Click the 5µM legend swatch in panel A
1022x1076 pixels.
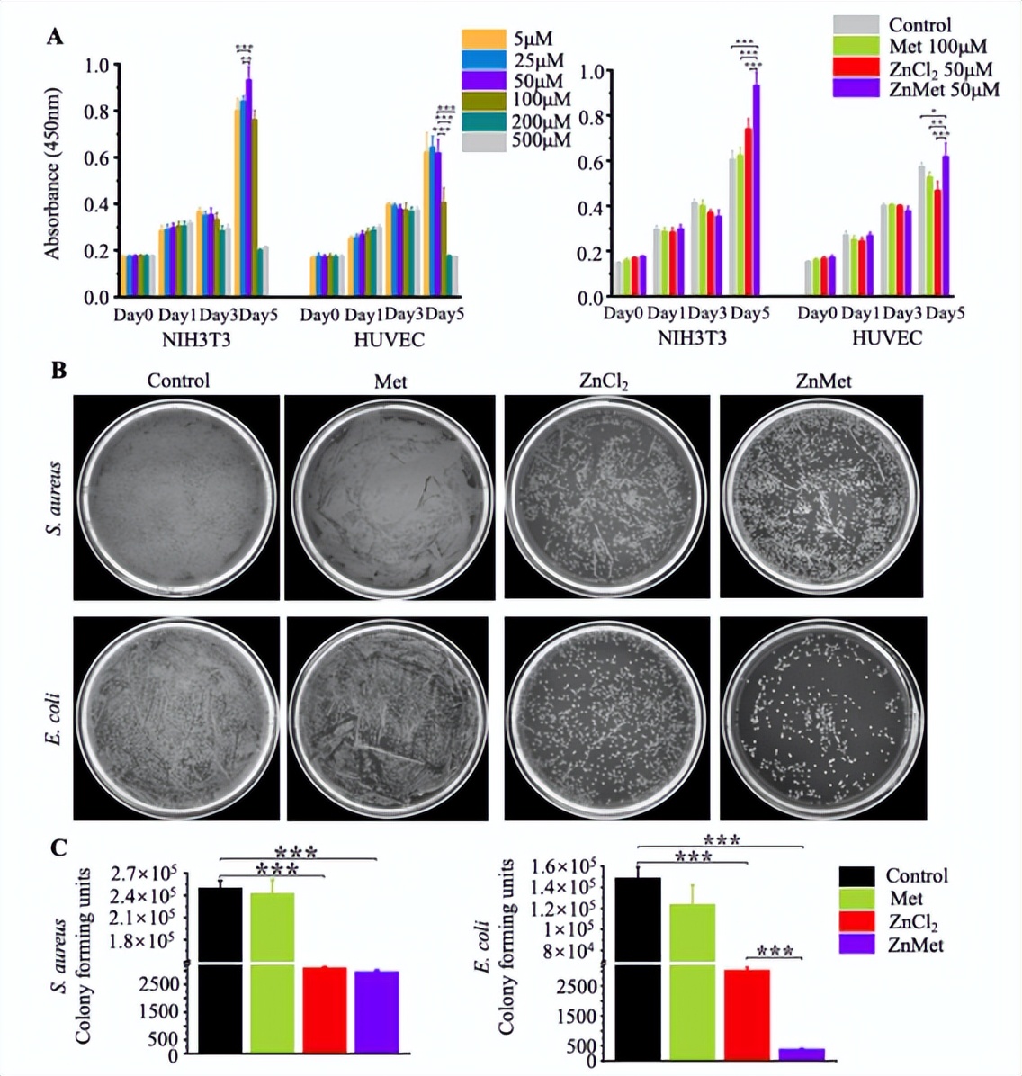point(483,39)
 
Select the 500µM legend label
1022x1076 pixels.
point(542,140)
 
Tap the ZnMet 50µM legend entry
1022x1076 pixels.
point(943,90)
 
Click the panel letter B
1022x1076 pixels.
point(58,370)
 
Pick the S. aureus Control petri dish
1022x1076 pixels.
point(178,497)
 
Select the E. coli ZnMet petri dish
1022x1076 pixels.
point(823,717)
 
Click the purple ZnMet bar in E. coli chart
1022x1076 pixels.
point(802,1054)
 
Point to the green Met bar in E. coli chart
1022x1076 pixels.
point(693,981)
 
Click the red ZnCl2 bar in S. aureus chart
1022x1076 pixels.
point(324,1009)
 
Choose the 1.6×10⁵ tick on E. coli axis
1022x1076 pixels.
point(566,866)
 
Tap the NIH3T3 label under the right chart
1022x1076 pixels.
point(692,338)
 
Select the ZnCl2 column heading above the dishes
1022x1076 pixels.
point(604,381)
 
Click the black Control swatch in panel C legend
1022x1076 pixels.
point(856,876)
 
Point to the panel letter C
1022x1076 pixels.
point(58,847)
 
